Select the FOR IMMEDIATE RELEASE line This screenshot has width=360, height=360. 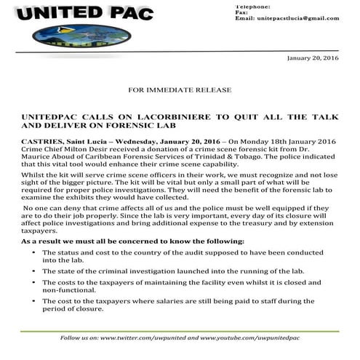pyautogui.click(x=180, y=89)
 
